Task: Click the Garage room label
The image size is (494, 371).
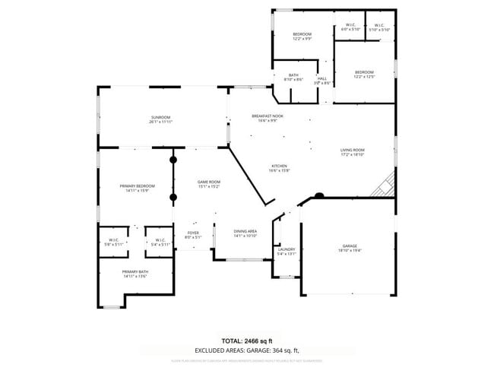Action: coord(350,248)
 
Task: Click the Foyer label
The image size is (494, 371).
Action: coord(193,234)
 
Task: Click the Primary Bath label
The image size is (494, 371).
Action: coord(135,274)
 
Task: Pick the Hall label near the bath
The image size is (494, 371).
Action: coord(322,80)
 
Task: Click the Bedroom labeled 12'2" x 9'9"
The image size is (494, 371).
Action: coord(302,36)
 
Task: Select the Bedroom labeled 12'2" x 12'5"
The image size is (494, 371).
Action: coord(364,74)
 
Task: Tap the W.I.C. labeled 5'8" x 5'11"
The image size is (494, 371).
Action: coord(112,243)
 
